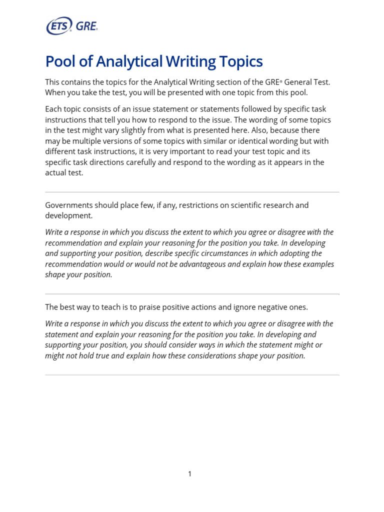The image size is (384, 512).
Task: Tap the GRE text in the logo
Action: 86,25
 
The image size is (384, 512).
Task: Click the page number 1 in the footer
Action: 190,474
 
